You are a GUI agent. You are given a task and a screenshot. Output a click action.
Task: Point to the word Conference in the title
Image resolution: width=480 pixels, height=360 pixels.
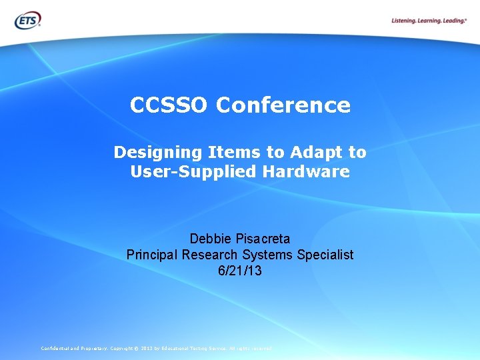coord(283,105)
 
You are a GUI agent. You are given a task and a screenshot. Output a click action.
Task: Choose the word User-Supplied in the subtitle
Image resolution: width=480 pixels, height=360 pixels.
coord(193,171)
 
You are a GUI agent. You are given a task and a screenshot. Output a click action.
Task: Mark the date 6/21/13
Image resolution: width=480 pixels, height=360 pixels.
coord(240,271)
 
